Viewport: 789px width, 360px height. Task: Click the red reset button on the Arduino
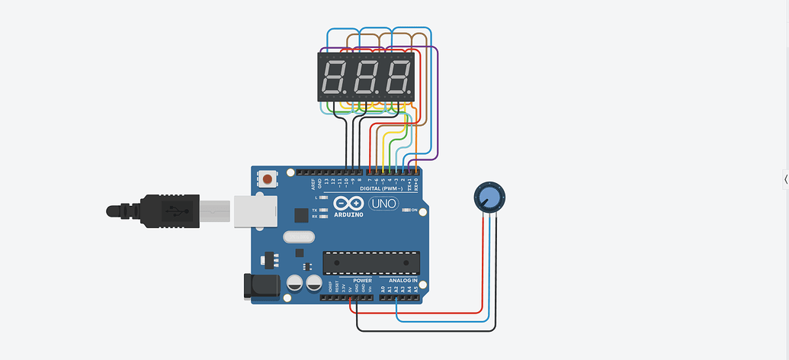point(268,179)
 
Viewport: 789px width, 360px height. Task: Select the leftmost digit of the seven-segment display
point(335,78)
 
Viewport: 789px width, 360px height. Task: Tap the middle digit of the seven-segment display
point(367,78)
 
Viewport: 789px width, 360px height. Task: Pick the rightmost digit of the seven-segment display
point(398,78)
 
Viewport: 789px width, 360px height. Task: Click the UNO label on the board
point(383,204)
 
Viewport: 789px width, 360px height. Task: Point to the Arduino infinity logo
point(348,204)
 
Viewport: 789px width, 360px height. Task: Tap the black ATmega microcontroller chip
point(370,262)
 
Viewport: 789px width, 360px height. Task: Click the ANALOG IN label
point(399,281)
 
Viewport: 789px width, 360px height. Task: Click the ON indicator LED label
point(415,211)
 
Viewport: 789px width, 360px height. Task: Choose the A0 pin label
point(383,289)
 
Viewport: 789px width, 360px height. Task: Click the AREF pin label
point(313,184)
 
